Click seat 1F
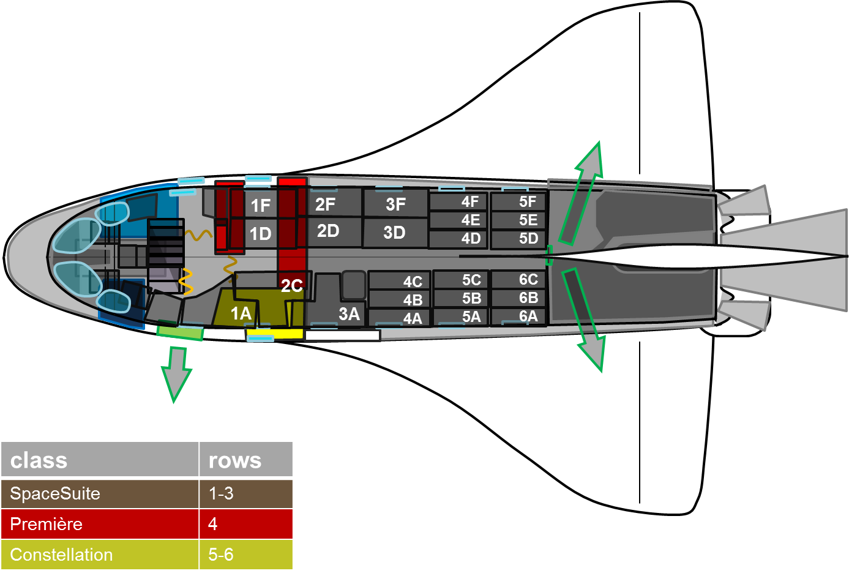[x=261, y=205]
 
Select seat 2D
[x=329, y=231]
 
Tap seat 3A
[x=349, y=314]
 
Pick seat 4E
[x=470, y=220]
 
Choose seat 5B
[x=471, y=298]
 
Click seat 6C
[x=528, y=280]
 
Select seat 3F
[x=395, y=204]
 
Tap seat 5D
[x=528, y=238]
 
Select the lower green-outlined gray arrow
[x=585, y=319]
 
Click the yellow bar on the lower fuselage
[x=275, y=334]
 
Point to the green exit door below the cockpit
[x=180, y=332]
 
